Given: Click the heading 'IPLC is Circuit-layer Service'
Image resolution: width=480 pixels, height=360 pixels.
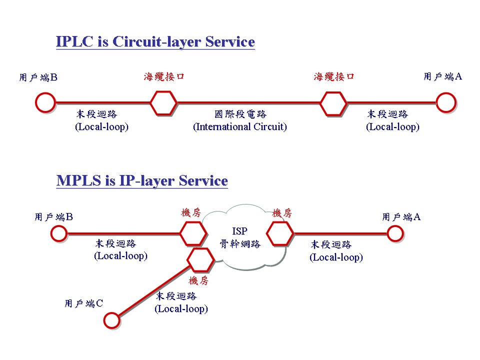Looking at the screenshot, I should tap(155, 42).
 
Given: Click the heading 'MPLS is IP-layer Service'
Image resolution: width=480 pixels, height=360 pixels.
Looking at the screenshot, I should tap(142, 181).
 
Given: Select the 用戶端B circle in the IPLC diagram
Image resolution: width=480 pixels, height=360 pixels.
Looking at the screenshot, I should tap(45, 102).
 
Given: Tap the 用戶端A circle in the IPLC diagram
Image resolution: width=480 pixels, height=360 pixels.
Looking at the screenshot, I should tap(445, 102).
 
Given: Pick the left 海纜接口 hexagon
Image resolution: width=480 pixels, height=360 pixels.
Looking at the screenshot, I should tap(163, 103).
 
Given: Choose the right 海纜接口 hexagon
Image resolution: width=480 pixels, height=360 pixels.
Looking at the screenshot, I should tap(333, 103).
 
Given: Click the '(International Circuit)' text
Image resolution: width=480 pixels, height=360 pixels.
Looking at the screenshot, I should tap(240, 127).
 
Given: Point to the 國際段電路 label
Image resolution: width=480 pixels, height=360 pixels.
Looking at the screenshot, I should tap(240, 114).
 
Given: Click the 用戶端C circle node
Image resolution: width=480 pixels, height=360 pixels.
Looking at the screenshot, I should tap(112, 319).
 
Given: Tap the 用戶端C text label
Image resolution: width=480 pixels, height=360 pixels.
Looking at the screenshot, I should tap(84, 303).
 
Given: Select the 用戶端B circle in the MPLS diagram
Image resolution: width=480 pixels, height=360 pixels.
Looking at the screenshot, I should tap(58, 233).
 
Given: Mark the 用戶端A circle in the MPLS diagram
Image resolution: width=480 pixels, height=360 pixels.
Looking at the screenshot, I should tap(395, 233).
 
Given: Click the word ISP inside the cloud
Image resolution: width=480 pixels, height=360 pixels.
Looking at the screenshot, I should tap(240, 231).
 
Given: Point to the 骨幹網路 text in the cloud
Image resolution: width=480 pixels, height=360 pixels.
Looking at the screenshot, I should tap(240, 244).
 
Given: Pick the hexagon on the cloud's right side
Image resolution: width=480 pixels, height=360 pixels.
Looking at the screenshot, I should tap(280, 233).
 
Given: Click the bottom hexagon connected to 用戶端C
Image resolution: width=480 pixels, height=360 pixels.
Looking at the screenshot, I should tap(201, 259).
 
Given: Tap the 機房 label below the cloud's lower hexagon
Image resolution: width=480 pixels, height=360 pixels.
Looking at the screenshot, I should tap(198, 280).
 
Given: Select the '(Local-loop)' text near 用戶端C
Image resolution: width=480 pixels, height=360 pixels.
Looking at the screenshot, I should tap(181, 309).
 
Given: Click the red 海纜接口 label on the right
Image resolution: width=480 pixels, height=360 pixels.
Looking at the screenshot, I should tap(334, 76).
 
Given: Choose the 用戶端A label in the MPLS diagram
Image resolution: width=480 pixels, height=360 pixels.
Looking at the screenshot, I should tap(401, 217).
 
